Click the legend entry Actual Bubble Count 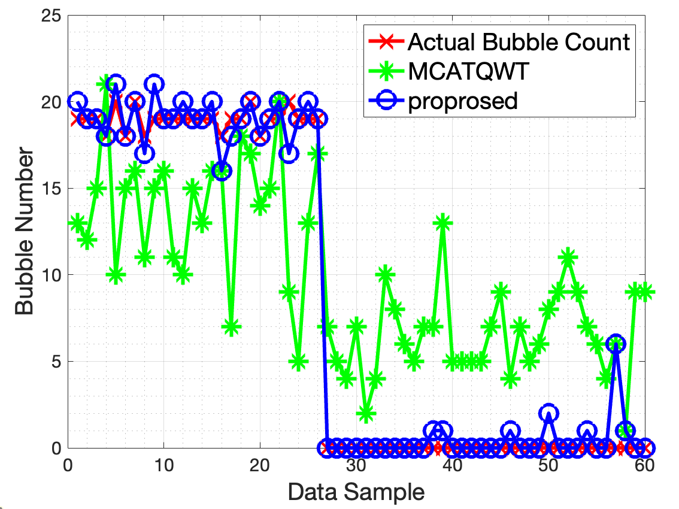coord(518,43)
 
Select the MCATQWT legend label coord(468,72)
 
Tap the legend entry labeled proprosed coord(462,101)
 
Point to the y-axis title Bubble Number coord(25,232)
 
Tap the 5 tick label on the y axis coord(55,362)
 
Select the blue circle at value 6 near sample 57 coord(616,344)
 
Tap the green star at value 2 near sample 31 coord(366,413)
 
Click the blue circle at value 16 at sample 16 coord(222,171)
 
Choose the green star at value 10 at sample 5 coord(116,275)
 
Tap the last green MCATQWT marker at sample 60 coord(645,292)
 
